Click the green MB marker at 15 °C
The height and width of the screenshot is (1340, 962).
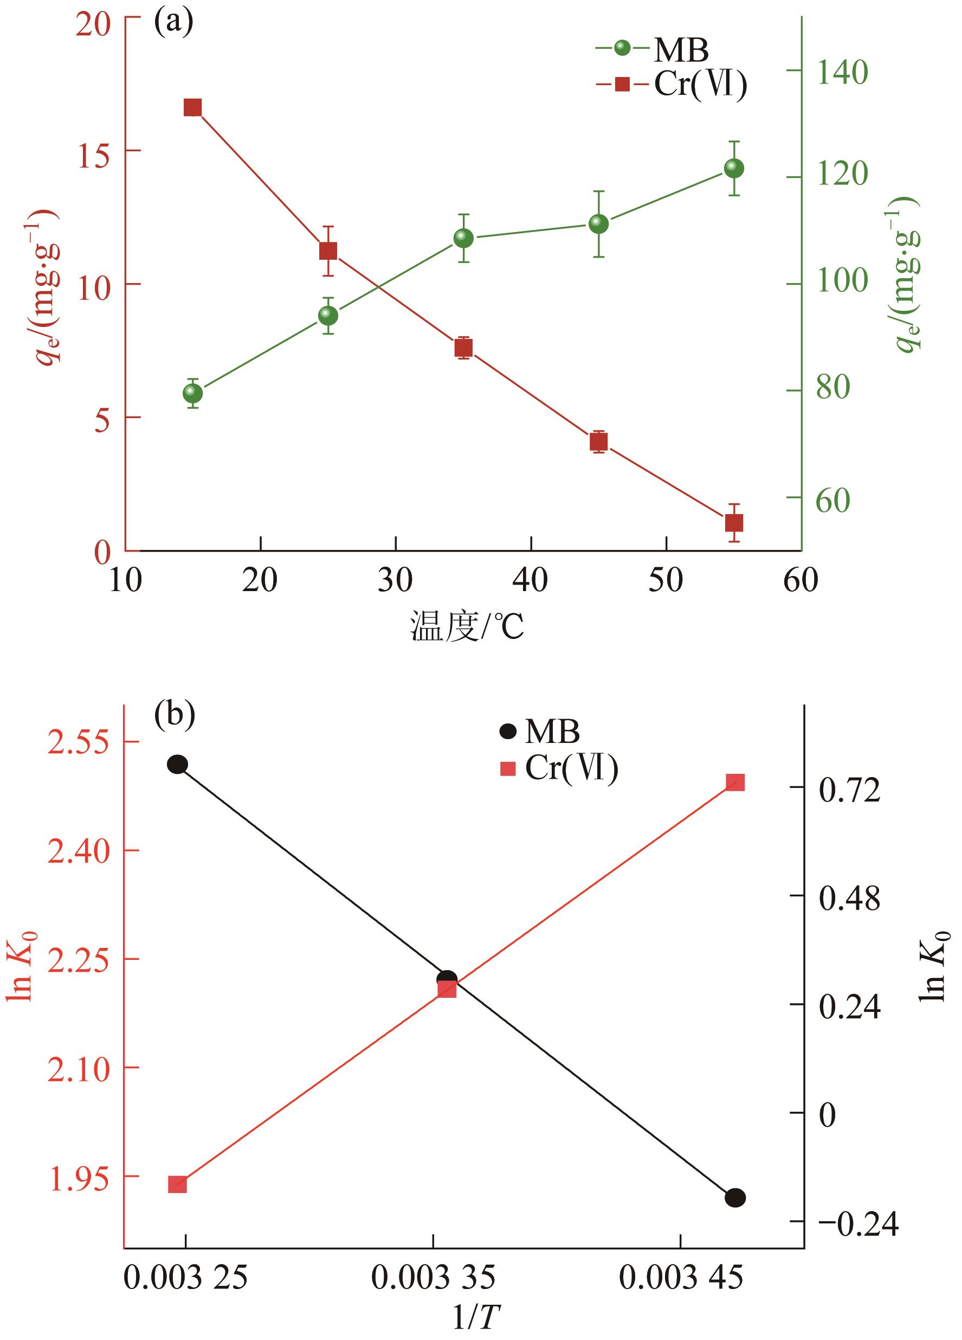click(192, 393)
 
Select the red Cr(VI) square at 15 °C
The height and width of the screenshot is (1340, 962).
click(192, 107)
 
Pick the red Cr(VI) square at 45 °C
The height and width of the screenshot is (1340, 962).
click(599, 441)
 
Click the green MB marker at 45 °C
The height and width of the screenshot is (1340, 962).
click(599, 224)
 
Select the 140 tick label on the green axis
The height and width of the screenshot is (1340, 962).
click(842, 72)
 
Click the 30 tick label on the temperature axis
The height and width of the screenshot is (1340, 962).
click(395, 580)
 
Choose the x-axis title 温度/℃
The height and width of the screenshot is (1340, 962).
click(467, 627)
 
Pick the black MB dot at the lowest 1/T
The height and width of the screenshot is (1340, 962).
click(178, 765)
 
